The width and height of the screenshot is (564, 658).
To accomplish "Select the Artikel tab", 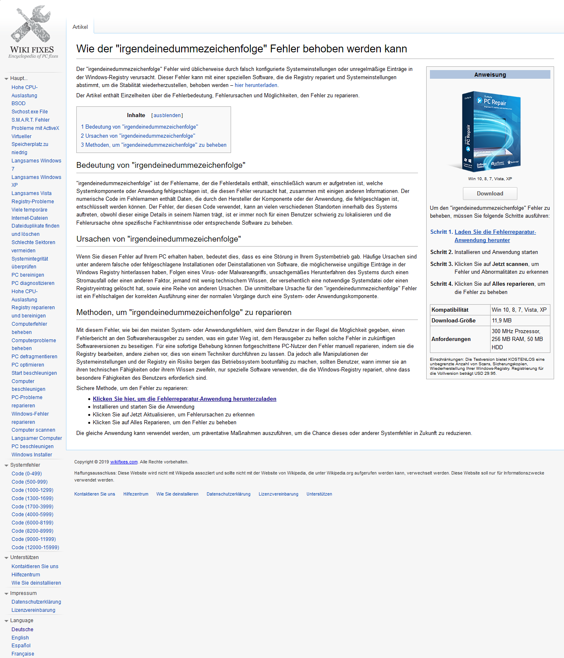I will click(x=80, y=27).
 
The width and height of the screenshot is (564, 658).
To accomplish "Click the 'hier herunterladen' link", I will click(x=256, y=85).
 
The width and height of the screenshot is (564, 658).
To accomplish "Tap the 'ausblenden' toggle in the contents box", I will click(x=167, y=115).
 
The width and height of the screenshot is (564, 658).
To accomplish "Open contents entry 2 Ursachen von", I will click(x=138, y=136).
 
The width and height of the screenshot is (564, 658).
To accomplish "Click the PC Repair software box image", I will click(x=491, y=131).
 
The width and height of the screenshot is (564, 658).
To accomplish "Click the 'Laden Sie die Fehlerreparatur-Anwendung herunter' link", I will click(x=495, y=236).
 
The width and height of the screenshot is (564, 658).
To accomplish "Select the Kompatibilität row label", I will click(x=450, y=310).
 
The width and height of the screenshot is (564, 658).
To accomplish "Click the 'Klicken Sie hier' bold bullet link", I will click(x=184, y=399).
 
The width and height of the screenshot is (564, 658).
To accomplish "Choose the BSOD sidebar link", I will click(x=19, y=103).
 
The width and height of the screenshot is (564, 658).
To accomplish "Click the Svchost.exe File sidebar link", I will click(x=30, y=112).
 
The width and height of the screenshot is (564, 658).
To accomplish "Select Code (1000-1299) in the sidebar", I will click(x=33, y=490).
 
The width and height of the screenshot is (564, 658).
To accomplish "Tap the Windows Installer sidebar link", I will click(x=32, y=455).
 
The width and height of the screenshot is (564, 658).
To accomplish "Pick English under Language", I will click(x=20, y=638).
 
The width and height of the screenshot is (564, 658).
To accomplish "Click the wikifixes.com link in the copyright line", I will click(x=124, y=462).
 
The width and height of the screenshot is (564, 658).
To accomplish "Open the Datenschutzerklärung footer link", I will click(x=229, y=494).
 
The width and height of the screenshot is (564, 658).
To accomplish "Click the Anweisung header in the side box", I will click(x=490, y=75).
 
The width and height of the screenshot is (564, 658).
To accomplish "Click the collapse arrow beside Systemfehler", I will click(x=6, y=465).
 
